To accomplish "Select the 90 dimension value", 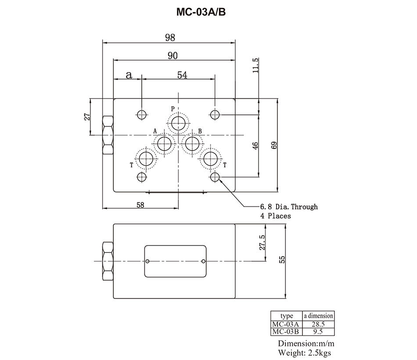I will pos(172,55).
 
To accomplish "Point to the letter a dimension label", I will pos(129,75).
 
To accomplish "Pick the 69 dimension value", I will pos(274,145).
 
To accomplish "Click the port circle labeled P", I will pos(179,122).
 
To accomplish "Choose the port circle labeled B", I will pos(192,144).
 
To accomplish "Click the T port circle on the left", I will pos(145,158).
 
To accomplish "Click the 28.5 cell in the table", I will pos(317,324).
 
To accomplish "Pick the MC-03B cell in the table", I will pos(285,331).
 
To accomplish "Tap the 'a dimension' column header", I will pos(317,316).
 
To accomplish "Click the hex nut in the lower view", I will pos(108,262).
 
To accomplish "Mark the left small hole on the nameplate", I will pos(148,262).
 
